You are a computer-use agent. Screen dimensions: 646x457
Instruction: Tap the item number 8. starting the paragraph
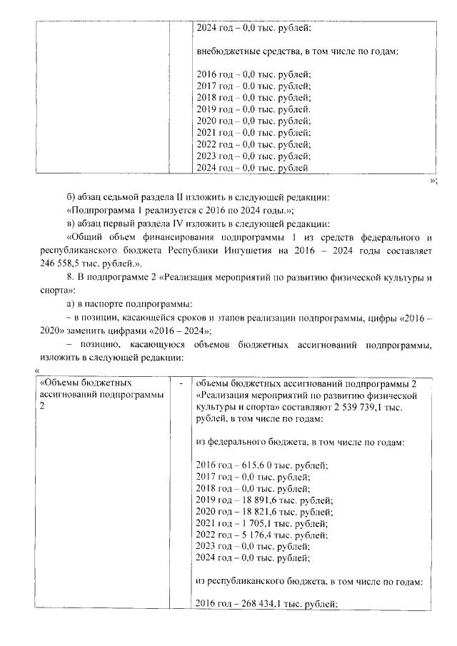[x=69, y=276]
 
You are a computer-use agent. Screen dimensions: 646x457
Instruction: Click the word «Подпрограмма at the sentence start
[x=99, y=210]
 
